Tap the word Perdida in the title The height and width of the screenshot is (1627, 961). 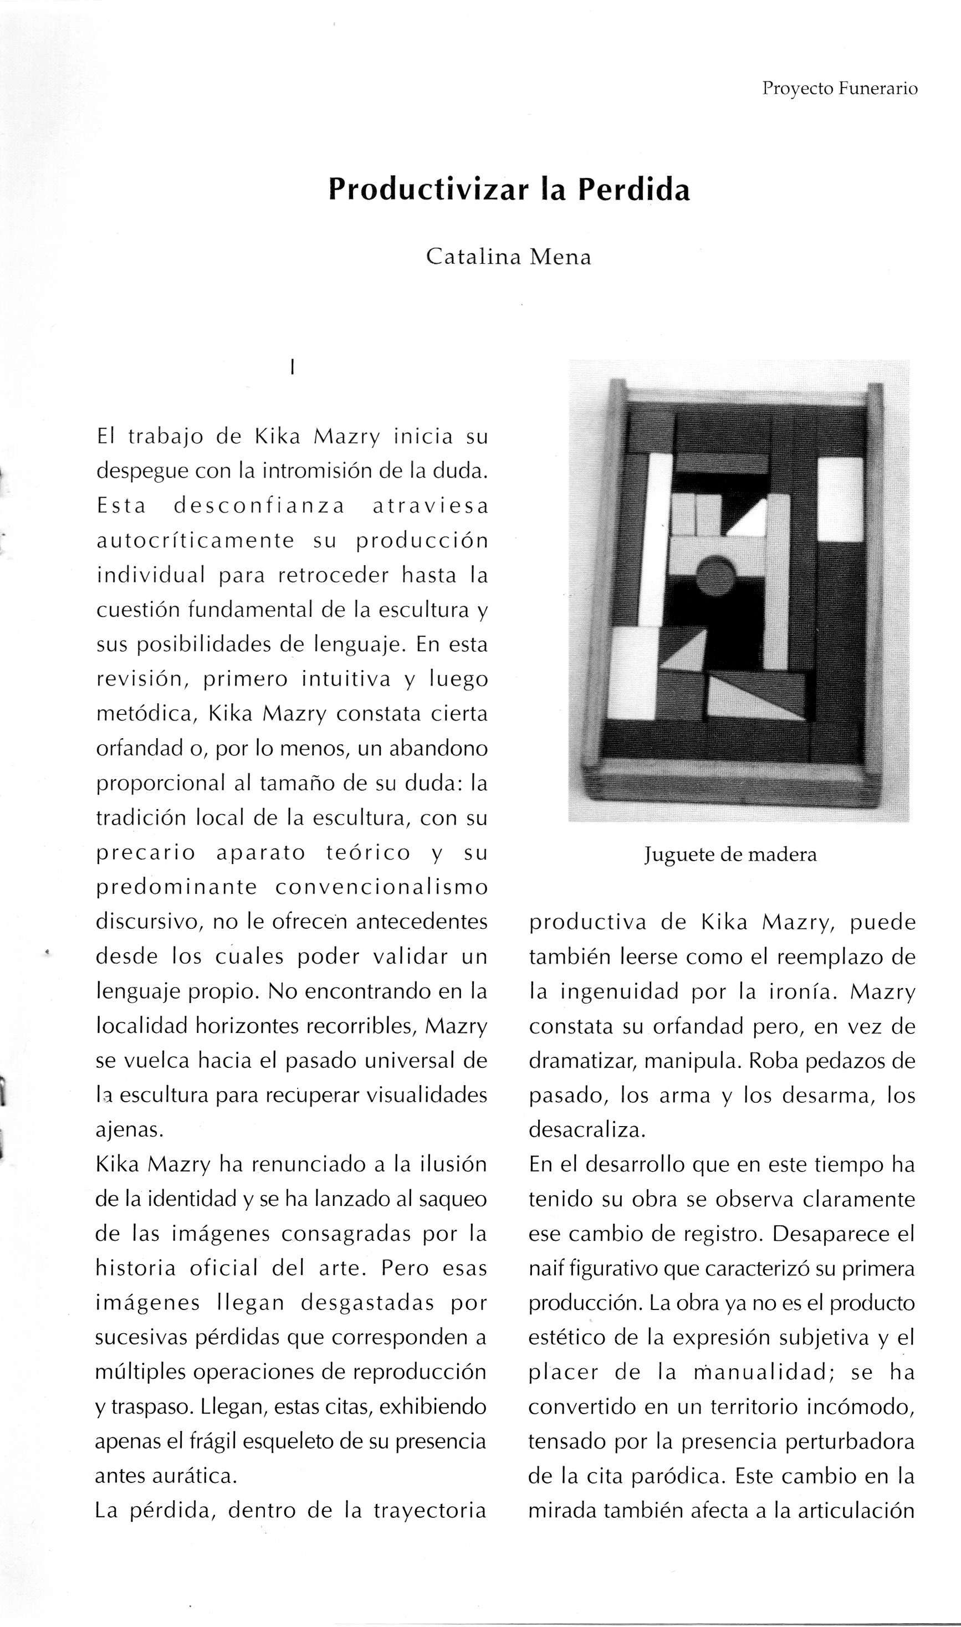pyautogui.click(x=634, y=190)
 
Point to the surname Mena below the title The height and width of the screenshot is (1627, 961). pyautogui.click(x=560, y=257)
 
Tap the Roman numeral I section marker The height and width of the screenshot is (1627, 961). pyautogui.click(x=293, y=369)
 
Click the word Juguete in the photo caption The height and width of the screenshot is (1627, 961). pyautogui.click(x=677, y=855)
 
